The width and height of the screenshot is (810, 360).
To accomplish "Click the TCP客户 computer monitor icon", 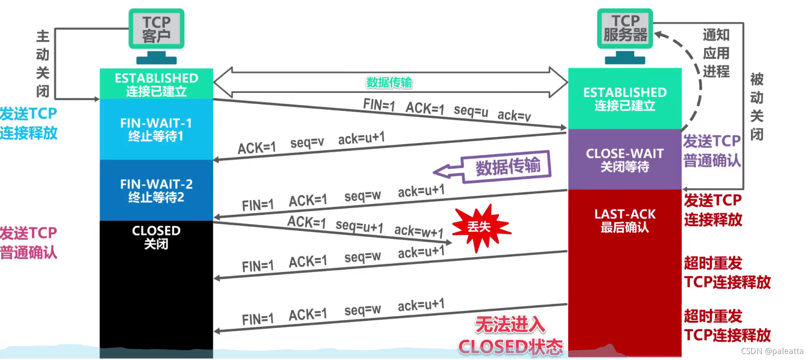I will [156, 29].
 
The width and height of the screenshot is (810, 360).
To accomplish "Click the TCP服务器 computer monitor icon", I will [625, 29].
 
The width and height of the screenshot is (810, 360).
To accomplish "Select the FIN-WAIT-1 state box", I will [156, 129].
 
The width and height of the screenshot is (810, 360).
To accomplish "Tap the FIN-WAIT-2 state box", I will [156, 190].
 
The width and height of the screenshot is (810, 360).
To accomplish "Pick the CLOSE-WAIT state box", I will [624, 160].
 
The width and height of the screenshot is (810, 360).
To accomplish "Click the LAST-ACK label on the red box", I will [625, 214].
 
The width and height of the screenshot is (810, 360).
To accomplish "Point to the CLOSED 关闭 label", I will [156, 237].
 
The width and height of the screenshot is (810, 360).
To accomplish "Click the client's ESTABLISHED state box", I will [156, 84].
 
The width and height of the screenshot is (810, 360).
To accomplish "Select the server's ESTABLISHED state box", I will [624, 99].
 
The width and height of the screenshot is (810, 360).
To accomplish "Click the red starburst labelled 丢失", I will [480, 227].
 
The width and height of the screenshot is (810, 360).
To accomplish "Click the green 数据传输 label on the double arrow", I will [389, 82].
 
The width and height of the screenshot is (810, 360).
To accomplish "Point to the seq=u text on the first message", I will [470, 110].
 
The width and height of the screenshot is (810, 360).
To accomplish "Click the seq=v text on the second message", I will [307, 142].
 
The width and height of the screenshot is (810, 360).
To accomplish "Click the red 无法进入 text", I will [510, 325].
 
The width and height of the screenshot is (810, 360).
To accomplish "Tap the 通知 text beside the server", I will [716, 35].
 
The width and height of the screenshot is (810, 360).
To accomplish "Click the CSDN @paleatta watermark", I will [772, 351].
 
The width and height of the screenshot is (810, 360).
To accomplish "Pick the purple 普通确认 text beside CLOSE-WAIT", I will [712, 161].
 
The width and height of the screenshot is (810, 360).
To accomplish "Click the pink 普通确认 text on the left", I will [29, 253].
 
